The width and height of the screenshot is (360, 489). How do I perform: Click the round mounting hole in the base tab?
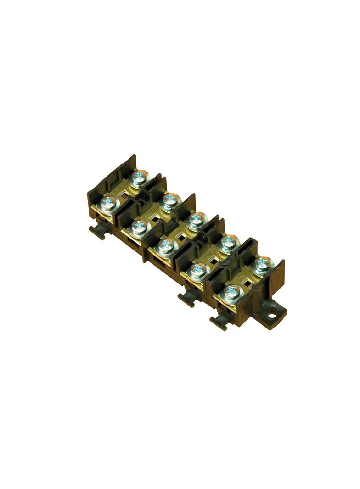pos(275,315)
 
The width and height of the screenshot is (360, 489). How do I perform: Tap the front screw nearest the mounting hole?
pos(232,292)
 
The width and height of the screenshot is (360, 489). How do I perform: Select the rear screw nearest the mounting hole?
pos(262,263)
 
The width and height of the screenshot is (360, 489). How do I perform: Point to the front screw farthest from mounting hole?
pos(109,203)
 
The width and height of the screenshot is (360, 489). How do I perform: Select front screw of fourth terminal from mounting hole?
pos(138,225)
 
